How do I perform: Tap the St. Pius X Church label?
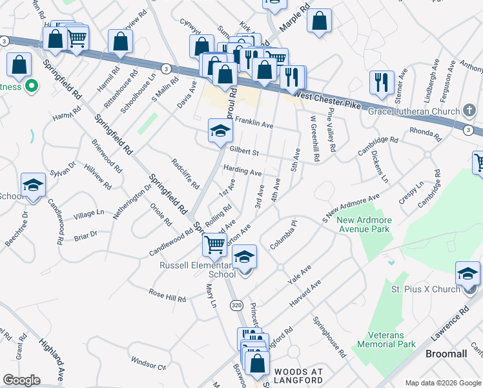click(423, 289)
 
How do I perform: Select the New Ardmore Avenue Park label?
click(363, 224)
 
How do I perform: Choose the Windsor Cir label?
click(148, 363)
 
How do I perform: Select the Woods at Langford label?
click(298, 376)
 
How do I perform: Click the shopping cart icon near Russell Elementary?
click(214, 244)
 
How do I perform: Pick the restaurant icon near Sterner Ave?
click(381, 82)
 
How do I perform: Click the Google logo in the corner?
click(21, 380)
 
